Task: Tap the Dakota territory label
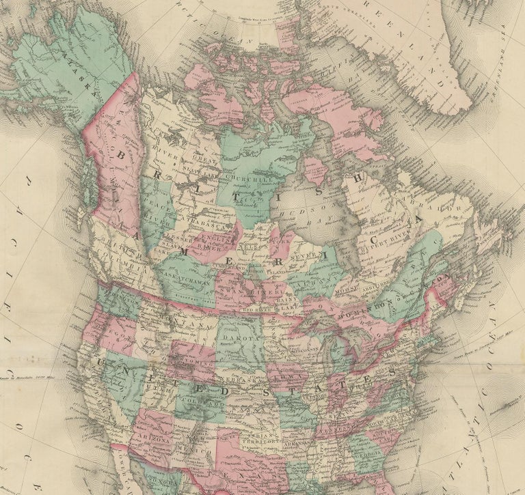tap(240, 338)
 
